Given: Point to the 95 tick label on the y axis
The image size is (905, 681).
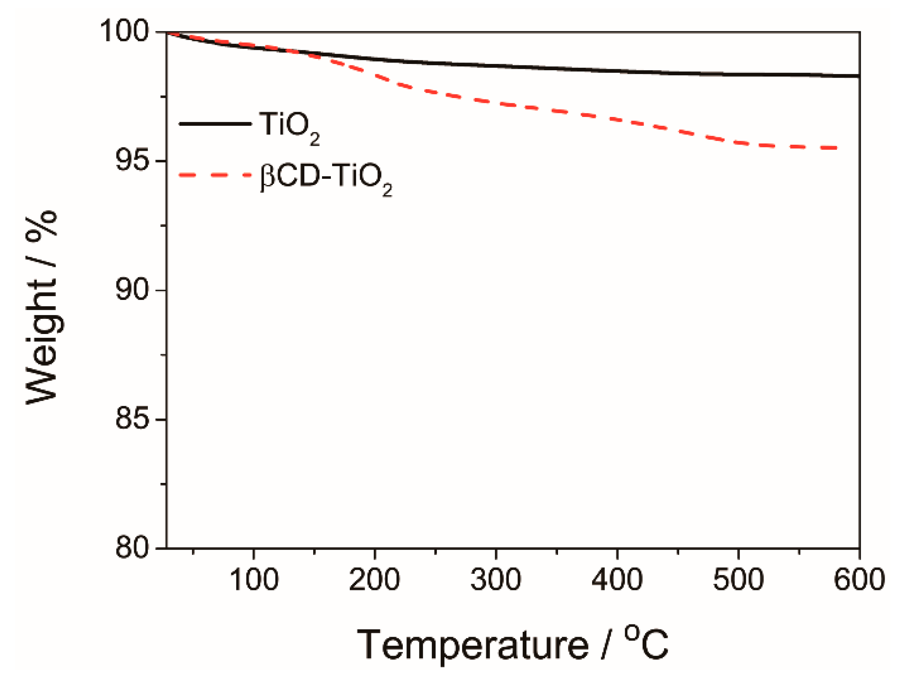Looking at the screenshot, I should (131, 161).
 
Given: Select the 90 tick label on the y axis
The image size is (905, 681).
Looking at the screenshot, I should (131, 290).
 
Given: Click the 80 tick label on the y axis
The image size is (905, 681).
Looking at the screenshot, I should (131, 548).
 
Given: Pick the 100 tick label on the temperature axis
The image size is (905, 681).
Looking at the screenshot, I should (254, 580).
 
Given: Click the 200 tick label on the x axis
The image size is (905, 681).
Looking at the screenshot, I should (375, 580).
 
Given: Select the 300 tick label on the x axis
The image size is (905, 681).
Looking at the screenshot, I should (496, 580).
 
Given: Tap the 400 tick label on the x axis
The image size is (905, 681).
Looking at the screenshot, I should (617, 580).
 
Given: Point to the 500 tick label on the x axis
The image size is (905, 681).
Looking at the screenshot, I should (738, 580).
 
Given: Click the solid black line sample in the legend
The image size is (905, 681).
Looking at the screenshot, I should (215, 124).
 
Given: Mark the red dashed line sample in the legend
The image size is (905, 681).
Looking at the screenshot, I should (215, 175).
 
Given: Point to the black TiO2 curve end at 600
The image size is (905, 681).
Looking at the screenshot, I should (858, 76).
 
